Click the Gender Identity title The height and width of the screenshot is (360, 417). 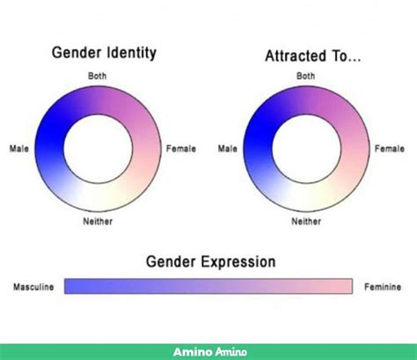[104, 53]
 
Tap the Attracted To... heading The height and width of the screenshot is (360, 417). [313, 55]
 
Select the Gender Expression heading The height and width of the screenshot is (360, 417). [211, 261]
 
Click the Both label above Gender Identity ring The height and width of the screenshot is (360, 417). [98, 76]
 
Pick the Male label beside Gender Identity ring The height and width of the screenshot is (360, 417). [19, 149]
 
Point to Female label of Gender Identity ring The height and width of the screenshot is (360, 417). [181, 149]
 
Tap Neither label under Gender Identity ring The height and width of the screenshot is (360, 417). [98, 221]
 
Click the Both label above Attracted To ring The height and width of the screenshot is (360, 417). [306, 76]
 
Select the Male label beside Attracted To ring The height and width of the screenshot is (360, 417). [228, 149]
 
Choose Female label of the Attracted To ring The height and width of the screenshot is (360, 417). [390, 149]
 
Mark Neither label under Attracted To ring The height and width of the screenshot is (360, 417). [306, 221]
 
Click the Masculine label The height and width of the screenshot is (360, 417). [33, 287]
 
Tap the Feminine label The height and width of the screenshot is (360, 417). [383, 287]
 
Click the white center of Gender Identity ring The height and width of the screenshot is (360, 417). [99, 149]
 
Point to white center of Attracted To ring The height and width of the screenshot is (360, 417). [307, 149]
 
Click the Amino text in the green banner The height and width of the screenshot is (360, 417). [210, 351]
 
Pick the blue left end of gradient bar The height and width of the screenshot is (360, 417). [69, 286]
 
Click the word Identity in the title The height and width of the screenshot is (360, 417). [131, 53]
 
